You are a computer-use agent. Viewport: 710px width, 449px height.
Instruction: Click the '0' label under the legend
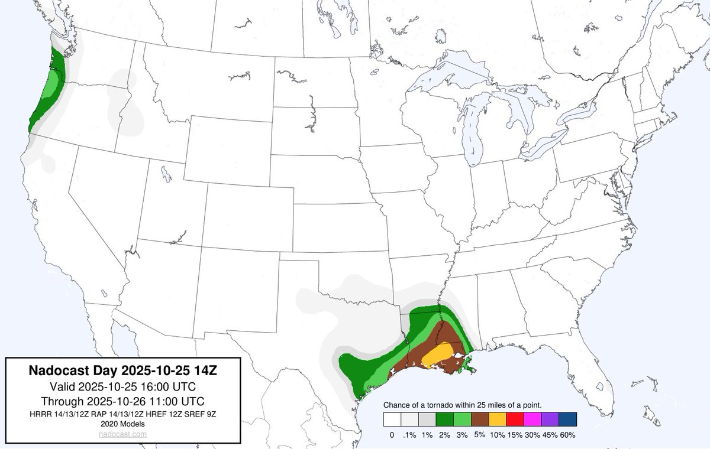point(392,435)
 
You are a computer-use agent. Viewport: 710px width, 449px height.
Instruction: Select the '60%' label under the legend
point(567,435)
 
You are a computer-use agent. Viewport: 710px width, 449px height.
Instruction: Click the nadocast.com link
point(124,434)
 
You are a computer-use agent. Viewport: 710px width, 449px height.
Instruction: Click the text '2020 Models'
point(124,424)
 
